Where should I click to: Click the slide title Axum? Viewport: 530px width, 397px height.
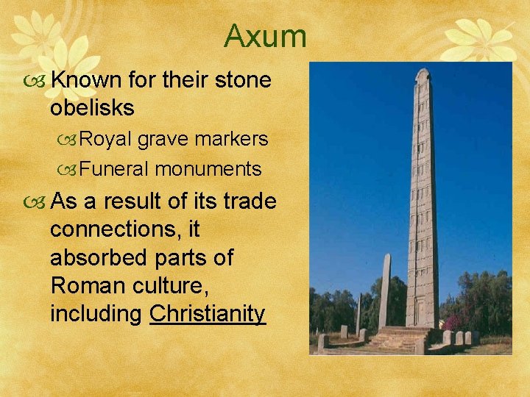265,35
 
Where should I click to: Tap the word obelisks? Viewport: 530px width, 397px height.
92,107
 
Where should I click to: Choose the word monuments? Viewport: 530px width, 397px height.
208,169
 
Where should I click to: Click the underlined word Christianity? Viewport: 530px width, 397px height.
207,314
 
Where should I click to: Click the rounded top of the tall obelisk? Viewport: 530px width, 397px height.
423,74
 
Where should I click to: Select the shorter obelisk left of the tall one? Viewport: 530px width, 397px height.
384,290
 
